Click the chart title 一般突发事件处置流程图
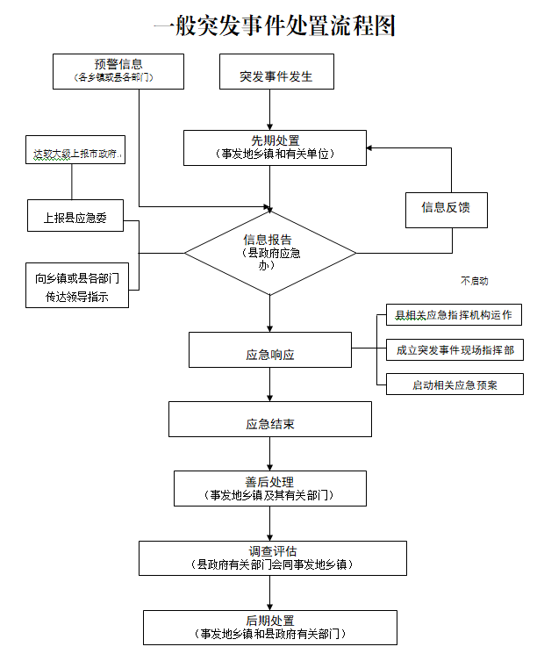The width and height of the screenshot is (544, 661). coord(274,26)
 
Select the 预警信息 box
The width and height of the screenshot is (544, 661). coord(118,71)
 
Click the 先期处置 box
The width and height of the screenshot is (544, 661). coord(274,147)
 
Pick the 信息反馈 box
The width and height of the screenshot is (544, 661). coord(446,208)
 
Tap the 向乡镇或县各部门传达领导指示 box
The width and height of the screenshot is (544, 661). coord(77,287)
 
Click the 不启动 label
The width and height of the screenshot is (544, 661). coord(474,282)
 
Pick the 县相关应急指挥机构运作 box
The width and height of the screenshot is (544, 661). coord(454,315)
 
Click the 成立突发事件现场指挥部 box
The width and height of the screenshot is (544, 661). coord(454,349)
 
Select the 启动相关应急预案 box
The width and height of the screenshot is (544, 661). coord(454,384)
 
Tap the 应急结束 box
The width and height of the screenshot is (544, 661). coord(270,420)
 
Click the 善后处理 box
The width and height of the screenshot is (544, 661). coord(269,489)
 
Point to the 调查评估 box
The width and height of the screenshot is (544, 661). coord(273,557)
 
